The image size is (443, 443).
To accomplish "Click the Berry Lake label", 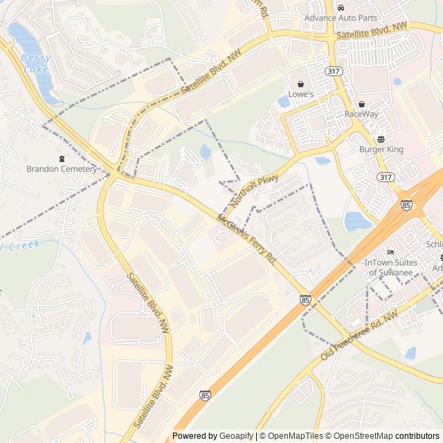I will [35, 63].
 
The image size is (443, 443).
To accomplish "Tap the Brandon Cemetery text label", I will [62, 169].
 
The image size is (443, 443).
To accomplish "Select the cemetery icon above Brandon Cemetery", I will [62, 159].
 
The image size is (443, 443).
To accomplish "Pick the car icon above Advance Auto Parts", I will [341, 7].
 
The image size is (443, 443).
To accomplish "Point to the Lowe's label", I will [302, 94].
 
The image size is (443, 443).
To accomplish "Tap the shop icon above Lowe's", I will [302, 84].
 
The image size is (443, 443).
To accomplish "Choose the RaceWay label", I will [361, 114].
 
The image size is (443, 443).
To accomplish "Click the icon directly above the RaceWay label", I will [361, 104].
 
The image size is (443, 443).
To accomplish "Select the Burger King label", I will [381, 149].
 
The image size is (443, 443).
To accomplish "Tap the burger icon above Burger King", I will [381, 138].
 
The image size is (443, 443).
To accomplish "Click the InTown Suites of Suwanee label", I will [391, 266].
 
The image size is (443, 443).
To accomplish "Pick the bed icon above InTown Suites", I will [391, 251].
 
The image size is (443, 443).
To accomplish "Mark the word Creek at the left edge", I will [25, 244].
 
